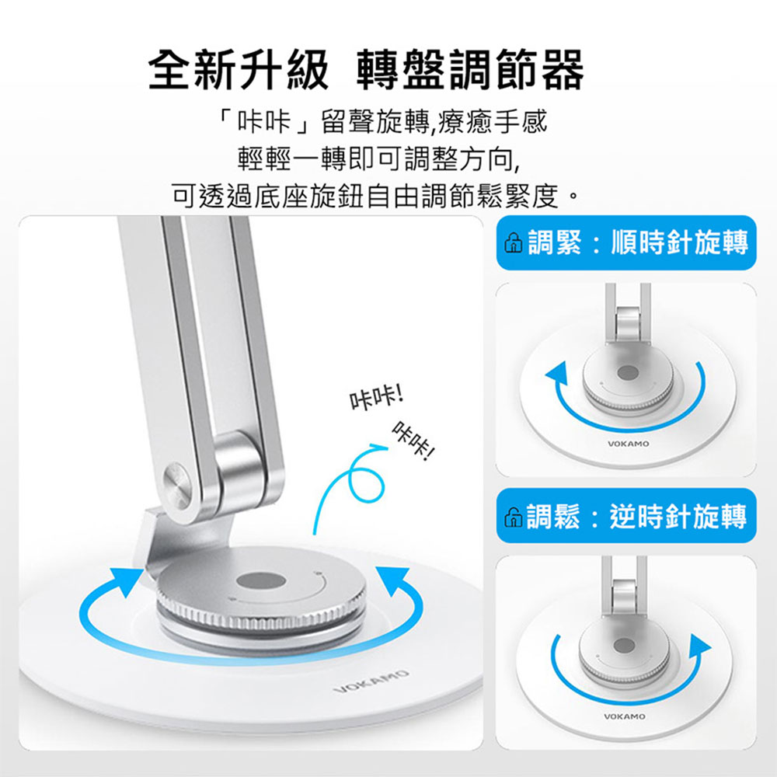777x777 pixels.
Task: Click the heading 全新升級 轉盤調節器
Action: (x=366, y=70)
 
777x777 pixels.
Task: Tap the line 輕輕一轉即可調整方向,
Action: (x=379, y=159)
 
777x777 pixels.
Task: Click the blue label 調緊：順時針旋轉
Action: (x=626, y=242)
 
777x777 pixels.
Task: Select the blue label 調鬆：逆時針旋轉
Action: (x=626, y=516)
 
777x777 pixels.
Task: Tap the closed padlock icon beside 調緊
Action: (x=513, y=243)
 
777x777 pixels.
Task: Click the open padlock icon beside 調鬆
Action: (x=513, y=517)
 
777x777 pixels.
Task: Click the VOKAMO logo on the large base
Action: (x=371, y=681)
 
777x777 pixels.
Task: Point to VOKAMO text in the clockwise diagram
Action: (x=628, y=444)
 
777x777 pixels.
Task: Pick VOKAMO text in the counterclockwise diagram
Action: (x=625, y=716)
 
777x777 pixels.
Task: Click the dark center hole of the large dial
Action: (x=260, y=580)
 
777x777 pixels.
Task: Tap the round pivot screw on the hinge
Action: (x=177, y=485)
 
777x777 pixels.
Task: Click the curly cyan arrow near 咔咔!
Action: (x=350, y=483)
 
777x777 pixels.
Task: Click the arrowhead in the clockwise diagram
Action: (x=557, y=375)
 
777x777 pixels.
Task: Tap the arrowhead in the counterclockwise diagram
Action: (x=699, y=646)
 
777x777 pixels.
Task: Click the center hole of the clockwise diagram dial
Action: (x=628, y=373)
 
